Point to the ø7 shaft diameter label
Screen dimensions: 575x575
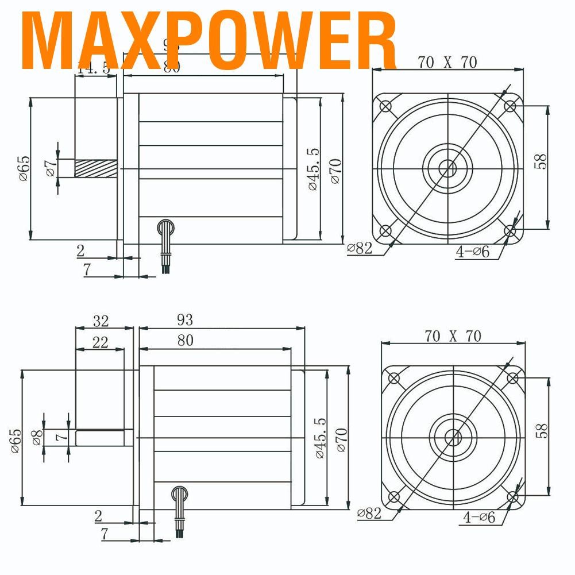[x=51, y=168]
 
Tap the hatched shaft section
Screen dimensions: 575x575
[x=95, y=168]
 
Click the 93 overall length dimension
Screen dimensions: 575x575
[x=185, y=320]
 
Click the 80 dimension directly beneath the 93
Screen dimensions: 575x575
[x=185, y=341]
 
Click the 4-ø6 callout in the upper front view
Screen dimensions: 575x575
[x=472, y=251]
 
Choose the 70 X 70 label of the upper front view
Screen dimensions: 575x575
[x=447, y=63]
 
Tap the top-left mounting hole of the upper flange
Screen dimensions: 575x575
[x=385, y=107]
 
